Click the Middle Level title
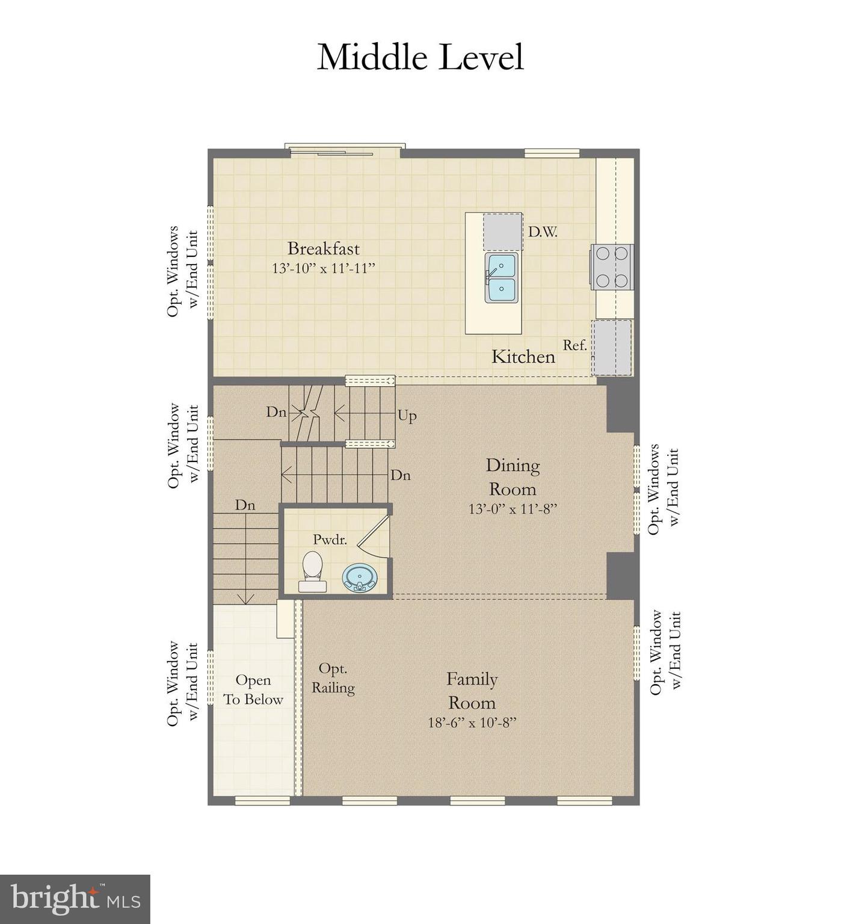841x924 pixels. point(420,58)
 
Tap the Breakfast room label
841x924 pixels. point(323,248)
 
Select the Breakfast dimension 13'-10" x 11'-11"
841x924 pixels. point(323,268)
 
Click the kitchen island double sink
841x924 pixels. point(501,278)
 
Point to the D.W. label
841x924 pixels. point(543,232)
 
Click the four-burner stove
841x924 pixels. point(612,266)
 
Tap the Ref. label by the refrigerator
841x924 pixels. point(575,345)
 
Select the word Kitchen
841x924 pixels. point(523,357)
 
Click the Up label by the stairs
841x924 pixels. point(407,416)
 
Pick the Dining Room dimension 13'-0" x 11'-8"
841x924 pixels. point(513,509)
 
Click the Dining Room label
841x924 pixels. point(513,476)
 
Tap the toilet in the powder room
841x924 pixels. point(312,571)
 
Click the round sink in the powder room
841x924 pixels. point(360,577)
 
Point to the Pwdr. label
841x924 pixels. point(330,540)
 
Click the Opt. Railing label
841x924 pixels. point(333,678)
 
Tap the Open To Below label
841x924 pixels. point(253,690)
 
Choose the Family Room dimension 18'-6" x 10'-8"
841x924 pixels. point(472,722)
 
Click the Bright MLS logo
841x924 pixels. point(75,899)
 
